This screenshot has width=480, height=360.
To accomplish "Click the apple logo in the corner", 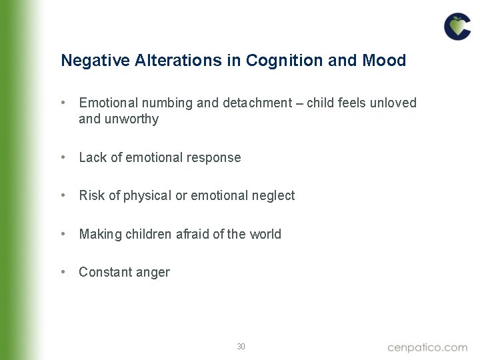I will pyautogui.click(x=457, y=27).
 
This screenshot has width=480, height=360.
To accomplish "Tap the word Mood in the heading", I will pyautogui.click(x=384, y=61).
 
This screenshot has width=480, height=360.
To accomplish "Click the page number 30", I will pyautogui.click(x=241, y=347).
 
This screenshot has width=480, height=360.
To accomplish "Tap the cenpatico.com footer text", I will pyautogui.click(x=427, y=347).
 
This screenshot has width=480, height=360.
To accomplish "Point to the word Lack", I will pyautogui.click(x=93, y=158).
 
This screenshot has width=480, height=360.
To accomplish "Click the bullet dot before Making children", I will pyautogui.click(x=62, y=234).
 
